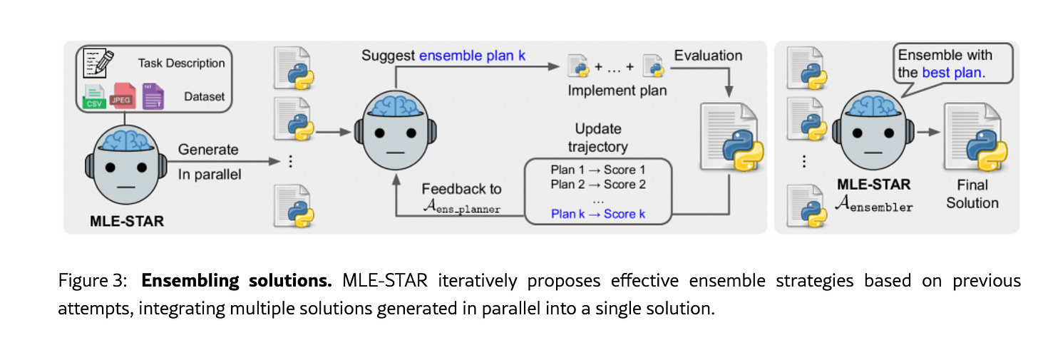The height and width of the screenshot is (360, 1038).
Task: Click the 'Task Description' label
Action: coord(181,63)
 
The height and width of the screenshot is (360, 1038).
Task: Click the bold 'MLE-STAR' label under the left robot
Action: coord(127,221)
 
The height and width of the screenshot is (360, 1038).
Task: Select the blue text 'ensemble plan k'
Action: coord(472,55)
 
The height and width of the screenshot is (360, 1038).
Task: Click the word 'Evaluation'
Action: coord(708,56)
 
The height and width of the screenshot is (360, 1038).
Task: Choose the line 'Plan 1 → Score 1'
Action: coord(597,170)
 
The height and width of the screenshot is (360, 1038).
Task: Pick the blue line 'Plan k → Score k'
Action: coord(597,214)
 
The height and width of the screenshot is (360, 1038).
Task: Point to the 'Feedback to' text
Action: coord(461,189)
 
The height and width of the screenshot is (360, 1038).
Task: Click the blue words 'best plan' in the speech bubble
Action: coord(953,73)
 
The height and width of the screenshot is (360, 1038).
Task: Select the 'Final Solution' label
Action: coord(972,194)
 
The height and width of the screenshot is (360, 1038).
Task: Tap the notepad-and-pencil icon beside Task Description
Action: coord(97,63)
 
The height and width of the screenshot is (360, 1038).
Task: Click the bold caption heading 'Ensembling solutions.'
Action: coord(237,280)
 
